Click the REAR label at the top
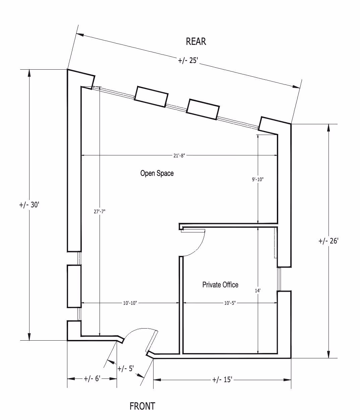(196, 42)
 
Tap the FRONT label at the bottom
(142, 406)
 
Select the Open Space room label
(157, 173)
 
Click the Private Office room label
(220, 285)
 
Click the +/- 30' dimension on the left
(29, 205)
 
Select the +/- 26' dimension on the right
(328, 241)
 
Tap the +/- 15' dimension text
(222, 380)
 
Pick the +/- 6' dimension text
(92, 379)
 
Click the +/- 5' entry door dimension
(126, 368)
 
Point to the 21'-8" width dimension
(178, 155)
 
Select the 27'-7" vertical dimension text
(100, 212)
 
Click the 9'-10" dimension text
(258, 180)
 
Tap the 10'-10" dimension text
(130, 303)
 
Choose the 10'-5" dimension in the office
(230, 303)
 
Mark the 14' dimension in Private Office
(257, 291)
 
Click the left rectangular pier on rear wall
(151, 97)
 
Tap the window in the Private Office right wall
(279, 279)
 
